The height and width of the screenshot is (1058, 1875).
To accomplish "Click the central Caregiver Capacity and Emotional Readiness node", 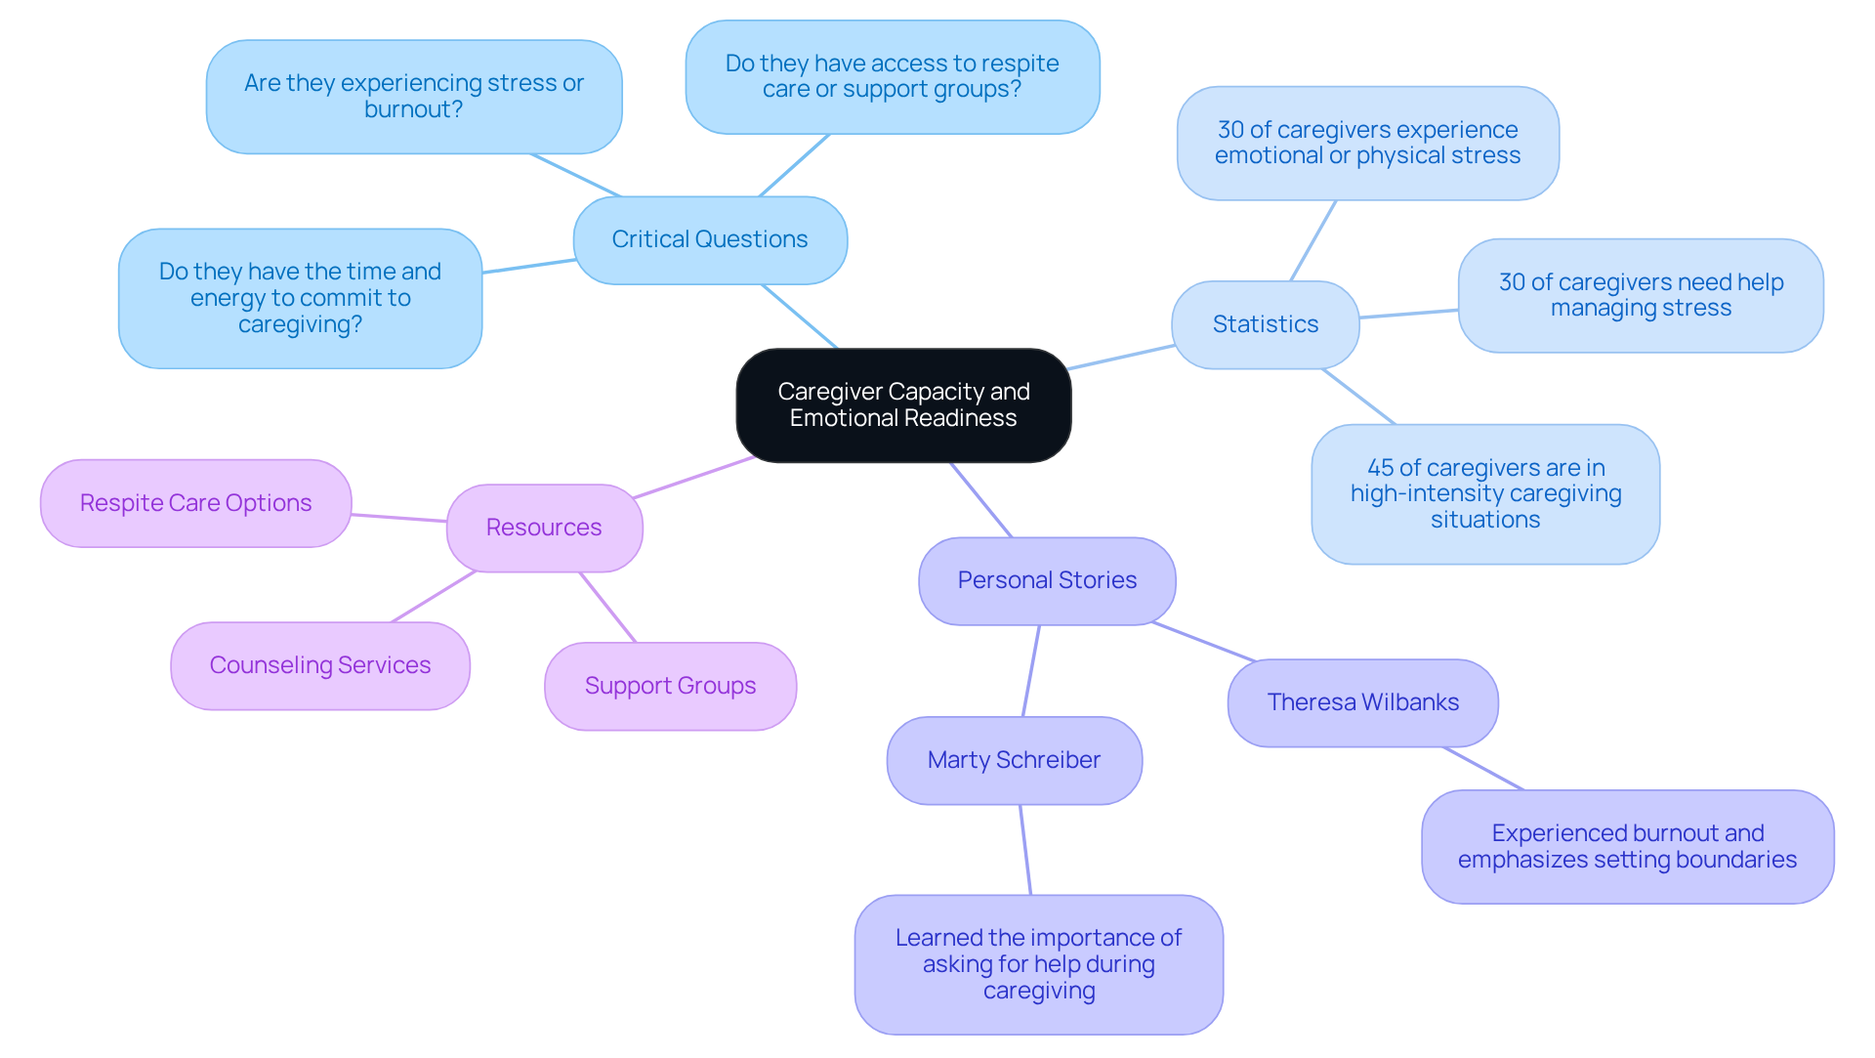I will click(903, 405).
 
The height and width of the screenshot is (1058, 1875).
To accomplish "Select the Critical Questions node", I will click(710, 240).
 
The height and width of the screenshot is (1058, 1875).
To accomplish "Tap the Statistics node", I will click(1265, 324).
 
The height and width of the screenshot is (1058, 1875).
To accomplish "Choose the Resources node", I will click(544, 528).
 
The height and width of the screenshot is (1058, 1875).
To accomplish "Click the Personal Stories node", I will click(1047, 580).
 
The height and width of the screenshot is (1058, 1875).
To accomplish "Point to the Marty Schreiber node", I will click(1014, 760).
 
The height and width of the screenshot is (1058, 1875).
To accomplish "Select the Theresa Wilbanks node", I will click(1362, 702).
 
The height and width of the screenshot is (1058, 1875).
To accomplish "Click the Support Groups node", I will click(670, 686).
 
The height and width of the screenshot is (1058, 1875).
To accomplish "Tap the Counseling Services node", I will click(319, 665).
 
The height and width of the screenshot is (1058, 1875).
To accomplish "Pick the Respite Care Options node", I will click(195, 503).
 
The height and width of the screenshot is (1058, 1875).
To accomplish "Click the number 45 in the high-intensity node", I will click(1380, 468).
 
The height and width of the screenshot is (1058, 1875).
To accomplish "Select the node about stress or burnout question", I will click(414, 97).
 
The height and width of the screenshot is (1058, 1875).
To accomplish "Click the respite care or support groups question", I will click(892, 77).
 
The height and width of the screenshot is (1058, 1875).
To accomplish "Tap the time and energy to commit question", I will click(300, 298).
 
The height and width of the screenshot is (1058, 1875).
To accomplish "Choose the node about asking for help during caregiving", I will click(1038, 964).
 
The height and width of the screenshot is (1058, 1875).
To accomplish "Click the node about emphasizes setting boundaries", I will click(1627, 847).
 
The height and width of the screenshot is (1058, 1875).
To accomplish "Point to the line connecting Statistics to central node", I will click(1121, 358).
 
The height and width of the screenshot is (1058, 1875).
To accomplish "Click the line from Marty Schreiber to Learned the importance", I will click(1025, 850).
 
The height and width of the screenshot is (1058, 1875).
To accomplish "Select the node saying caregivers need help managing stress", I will click(1641, 295).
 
